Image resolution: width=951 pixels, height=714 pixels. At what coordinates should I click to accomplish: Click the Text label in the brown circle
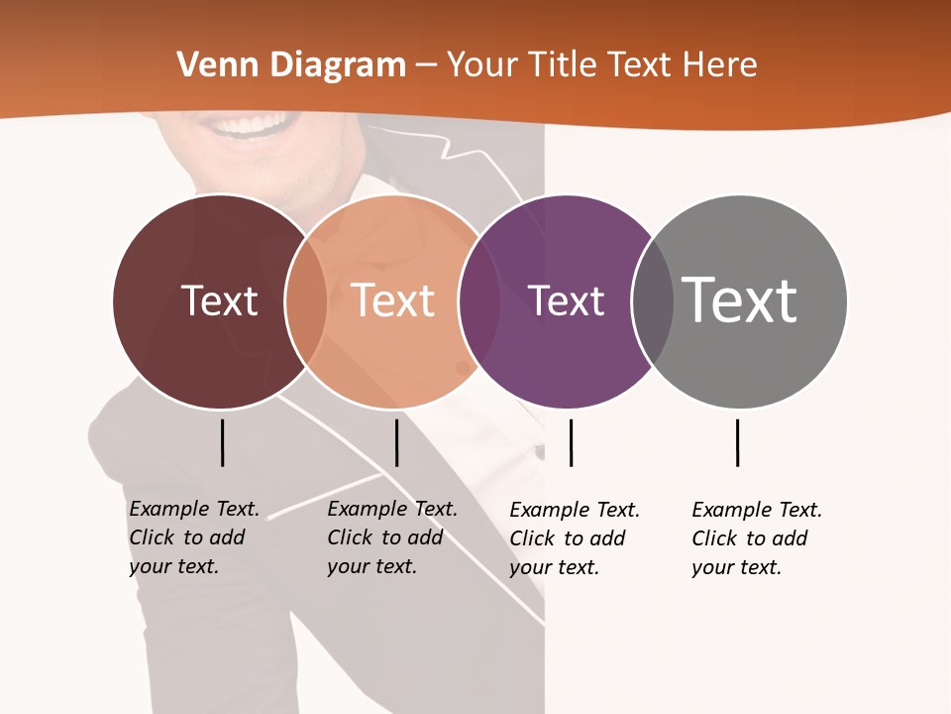point(219,300)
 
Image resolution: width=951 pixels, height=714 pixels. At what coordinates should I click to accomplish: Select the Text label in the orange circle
point(393,300)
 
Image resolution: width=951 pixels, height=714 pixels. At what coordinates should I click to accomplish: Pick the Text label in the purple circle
point(566,300)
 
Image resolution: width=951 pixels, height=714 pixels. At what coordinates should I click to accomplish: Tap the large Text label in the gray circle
point(740,300)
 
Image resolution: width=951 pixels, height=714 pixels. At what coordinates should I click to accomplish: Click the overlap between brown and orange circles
point(306,301)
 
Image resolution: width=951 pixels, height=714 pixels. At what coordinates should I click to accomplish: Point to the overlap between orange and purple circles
point(479,301)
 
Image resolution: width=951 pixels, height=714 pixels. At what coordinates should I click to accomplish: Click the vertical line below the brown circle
point(222,442)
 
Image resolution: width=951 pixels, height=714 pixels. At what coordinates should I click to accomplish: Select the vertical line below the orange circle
point(396,442)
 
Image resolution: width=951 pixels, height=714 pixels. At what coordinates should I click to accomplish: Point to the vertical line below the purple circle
point(571,442)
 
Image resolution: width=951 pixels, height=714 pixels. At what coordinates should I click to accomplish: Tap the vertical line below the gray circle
point(737,442)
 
